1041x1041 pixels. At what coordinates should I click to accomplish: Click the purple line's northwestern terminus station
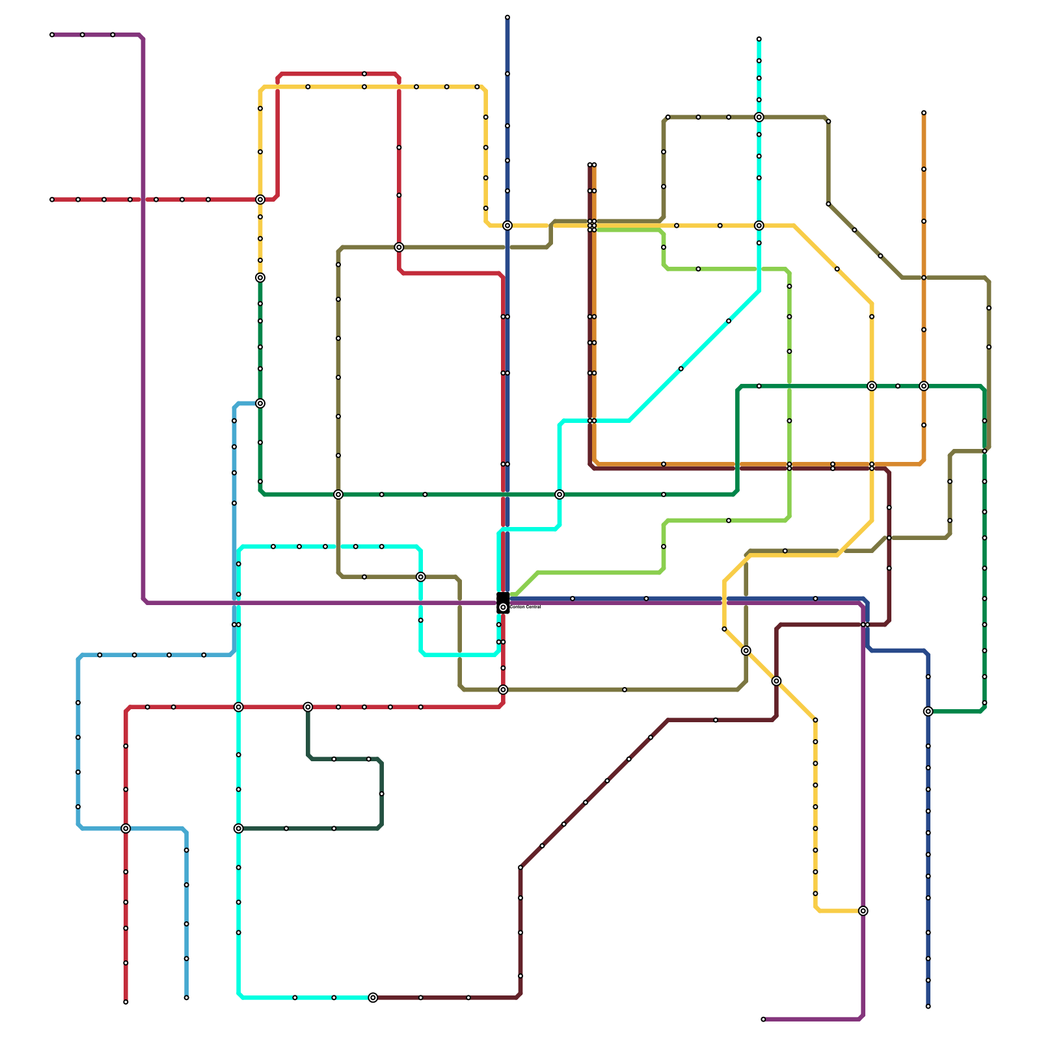point(52,34)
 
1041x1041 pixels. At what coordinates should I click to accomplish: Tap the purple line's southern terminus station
point(763,1020)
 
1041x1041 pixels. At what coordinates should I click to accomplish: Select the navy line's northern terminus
point(507,18)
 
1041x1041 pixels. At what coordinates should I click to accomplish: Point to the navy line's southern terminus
point(928,1007)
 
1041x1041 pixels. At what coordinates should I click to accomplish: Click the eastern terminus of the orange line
point(924,113)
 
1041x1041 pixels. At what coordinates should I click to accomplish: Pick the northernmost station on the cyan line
point(759,39)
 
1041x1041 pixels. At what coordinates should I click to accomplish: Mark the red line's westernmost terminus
point(52,200)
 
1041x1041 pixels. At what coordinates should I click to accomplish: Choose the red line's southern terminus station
point(126,1002)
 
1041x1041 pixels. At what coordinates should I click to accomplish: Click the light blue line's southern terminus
point(186,997)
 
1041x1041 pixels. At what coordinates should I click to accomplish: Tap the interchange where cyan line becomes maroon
point(373,997)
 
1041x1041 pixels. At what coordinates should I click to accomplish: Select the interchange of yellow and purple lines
point(863,911)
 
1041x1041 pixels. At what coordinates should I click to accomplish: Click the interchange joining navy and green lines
point(928,711)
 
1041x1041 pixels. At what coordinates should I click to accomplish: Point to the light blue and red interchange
point(126,828)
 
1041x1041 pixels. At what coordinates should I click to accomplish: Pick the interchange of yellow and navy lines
point(507,226)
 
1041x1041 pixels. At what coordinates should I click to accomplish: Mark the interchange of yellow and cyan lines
point(759,226)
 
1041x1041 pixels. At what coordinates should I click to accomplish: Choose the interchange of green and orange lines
point(924,386)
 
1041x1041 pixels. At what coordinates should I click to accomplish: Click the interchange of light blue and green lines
point(260,403)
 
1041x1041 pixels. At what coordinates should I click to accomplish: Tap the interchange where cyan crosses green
point(560,494)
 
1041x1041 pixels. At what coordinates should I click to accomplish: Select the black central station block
point(503,602)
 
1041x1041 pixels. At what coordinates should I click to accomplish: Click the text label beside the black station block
point(526,607)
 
